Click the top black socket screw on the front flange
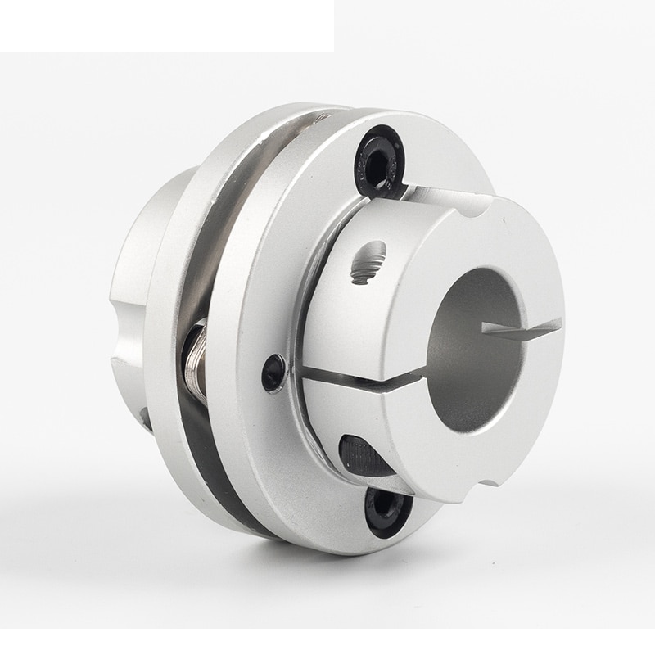379,160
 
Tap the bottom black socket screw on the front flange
387,511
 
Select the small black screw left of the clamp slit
273,373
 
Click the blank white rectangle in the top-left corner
164,25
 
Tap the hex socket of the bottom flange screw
385,509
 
